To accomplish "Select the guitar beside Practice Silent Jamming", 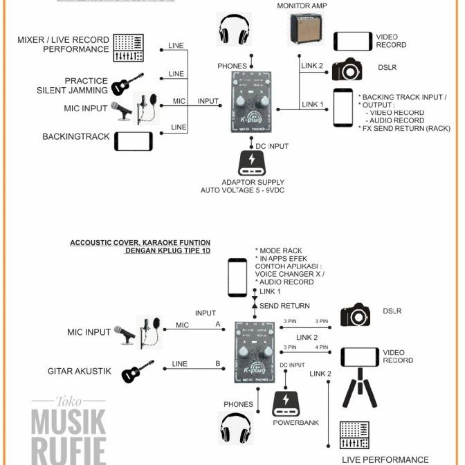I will click(128, 84).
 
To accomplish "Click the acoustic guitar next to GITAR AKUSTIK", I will click(138, 372).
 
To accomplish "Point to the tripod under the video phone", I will click(360, 388).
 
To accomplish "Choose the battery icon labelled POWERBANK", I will click(286, 403).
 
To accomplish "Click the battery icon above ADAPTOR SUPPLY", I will click(252, 163).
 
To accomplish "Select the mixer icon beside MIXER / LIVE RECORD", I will click(128, 47).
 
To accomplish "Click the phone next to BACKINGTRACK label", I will click(133, 140).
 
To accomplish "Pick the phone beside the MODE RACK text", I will click(237, 277).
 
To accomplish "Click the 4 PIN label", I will click(322, 347).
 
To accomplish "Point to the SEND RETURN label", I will click(284, 306).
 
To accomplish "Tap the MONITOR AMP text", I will click(302, 6).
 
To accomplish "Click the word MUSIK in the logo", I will click(69, 421).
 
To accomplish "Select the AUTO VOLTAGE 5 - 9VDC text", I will click(243, 190).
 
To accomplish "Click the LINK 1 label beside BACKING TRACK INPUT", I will click(312, 104).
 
